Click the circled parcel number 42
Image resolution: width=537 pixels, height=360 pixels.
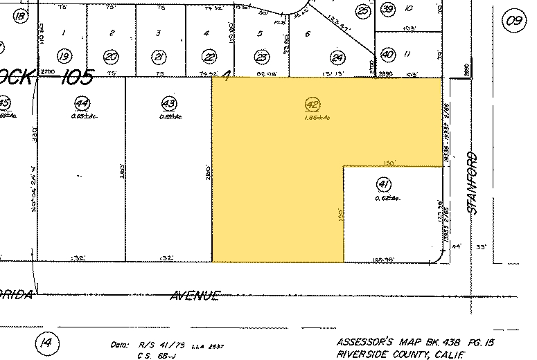coord(312,105)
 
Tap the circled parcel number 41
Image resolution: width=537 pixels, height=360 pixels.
coord(382,184)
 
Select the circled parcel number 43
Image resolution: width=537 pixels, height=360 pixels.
coord(168,104)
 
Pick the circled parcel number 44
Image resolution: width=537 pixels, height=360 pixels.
coord(82,104)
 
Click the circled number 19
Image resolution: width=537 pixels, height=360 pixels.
coord(64,57)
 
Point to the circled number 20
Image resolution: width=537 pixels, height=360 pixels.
coord(111,57)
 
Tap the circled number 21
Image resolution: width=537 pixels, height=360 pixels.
coord(159,57)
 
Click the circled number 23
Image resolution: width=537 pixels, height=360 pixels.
coord(262,57)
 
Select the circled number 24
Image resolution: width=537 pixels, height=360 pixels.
coord(338,57)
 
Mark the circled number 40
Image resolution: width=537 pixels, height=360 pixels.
coord(387,54)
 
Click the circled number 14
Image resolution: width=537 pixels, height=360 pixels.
coord(46,342)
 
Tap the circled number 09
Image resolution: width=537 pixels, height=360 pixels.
coord(513,20)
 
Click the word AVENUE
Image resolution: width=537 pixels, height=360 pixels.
coord(195,296)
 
